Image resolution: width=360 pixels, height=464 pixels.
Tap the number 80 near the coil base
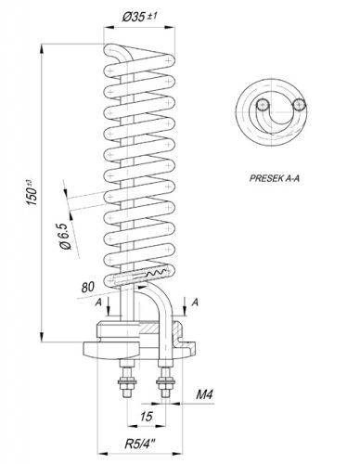(x=88, y=286)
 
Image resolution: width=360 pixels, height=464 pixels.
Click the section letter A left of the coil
(x=98, y=301)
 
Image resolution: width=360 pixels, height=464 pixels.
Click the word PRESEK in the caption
(x=266, y=174)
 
